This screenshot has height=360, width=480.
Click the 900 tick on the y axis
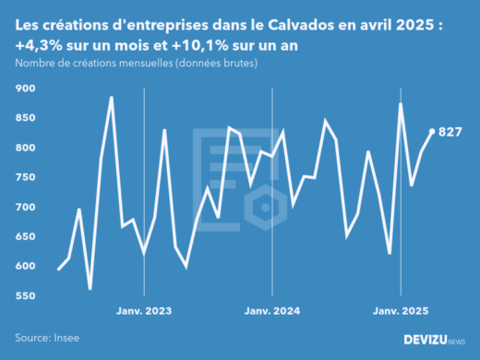click(25, 89)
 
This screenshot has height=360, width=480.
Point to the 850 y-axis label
click(25, 118)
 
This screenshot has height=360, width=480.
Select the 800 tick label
click(25, 148)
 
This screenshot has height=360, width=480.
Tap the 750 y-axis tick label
click(25, 177)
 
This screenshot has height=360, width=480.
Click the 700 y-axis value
click(25, 207)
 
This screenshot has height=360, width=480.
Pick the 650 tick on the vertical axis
click(25, 236)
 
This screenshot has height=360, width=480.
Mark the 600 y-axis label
click(25, 267)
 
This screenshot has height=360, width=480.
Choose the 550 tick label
click(25, 296)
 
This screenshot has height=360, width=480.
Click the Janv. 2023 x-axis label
click(144, 312)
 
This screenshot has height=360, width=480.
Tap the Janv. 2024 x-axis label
click(272, 312)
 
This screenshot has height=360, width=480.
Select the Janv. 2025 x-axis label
click(401, 312)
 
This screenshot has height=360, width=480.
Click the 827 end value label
click(450, 132)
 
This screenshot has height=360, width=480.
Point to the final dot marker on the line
click(432, 132)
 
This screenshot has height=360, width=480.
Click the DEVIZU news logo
click(434, 340)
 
